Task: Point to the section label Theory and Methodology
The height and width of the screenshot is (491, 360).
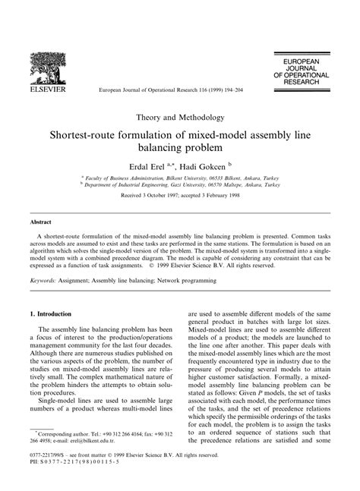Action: [x=180, y=118]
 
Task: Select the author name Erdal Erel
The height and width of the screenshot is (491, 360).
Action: [x=153, y=165]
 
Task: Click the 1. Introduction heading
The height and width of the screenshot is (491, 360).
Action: [x=52, y=313]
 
